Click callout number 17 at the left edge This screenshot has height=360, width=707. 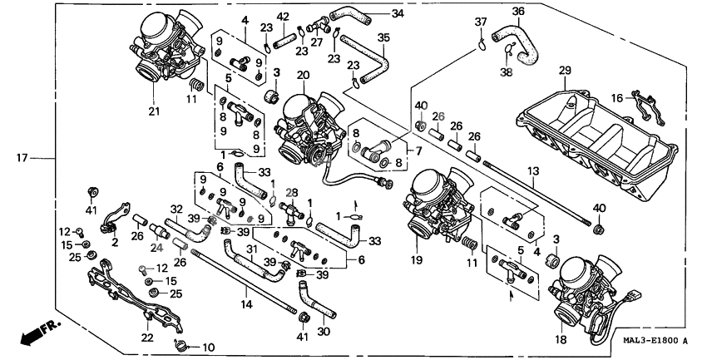22,156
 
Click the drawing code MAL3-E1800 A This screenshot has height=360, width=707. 652,340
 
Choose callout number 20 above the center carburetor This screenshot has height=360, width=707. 303,76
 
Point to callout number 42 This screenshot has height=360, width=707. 283,17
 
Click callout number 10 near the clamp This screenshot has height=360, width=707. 208,347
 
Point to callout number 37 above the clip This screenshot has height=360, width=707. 481,21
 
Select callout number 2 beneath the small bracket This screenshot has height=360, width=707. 114,243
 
